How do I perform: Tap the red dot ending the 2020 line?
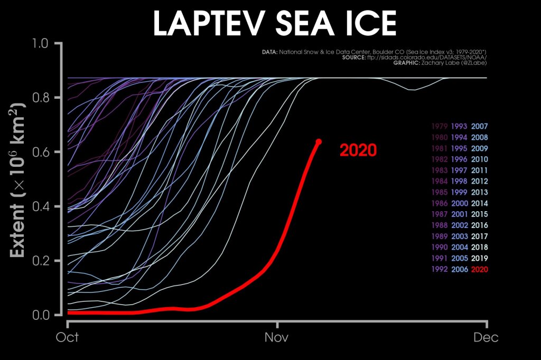319,141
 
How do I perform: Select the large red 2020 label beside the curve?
358,150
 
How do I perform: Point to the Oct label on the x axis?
67,337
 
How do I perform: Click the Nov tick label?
276,337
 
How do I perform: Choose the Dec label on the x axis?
486,337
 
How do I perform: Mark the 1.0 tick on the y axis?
46,43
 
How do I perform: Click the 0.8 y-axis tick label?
46,98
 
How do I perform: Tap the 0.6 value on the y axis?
46,152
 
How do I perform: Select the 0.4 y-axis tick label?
46,206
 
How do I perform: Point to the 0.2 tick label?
46,261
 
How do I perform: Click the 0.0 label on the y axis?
46,315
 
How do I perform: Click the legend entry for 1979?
440,126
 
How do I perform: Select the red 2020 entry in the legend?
479,270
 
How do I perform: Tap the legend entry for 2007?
479,126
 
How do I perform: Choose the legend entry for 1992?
440,270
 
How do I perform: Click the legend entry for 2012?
479,182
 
